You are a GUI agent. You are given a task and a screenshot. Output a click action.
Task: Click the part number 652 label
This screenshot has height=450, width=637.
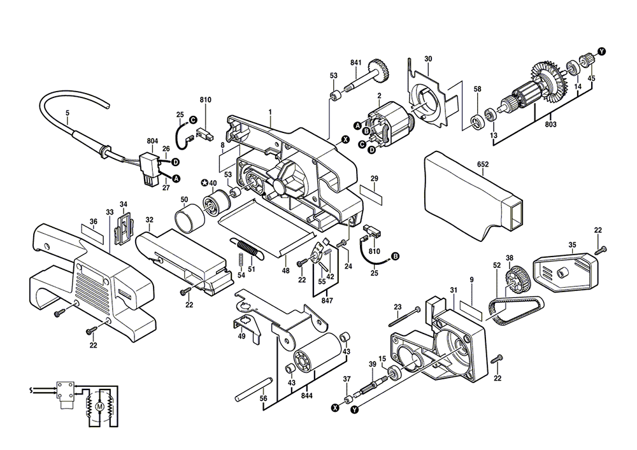click(483, 164)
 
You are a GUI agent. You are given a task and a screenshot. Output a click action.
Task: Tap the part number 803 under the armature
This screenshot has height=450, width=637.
click(550, 124)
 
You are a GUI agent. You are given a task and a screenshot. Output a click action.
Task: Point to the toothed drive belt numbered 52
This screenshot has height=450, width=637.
click(517, 310)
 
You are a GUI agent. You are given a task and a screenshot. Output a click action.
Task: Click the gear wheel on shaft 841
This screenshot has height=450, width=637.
click(378, 71)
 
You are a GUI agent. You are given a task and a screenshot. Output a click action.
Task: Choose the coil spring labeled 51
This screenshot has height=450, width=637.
click(248, 249)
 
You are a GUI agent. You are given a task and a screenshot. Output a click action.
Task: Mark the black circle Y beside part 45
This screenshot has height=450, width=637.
click(601, 51)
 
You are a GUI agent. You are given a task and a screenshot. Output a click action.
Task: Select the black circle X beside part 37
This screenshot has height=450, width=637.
click(335, 407)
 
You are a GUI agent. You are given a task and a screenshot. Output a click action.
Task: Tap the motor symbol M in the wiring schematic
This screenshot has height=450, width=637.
click(99, 406)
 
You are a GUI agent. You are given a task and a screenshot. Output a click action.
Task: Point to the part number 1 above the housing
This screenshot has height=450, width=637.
click(269, 111)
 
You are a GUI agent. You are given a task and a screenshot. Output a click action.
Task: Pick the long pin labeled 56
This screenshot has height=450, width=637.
click(253, 388)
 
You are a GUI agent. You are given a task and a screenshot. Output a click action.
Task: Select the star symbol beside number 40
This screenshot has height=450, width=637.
click(204, 183)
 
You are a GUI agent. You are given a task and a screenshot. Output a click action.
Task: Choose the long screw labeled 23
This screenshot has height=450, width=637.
click(404, 317)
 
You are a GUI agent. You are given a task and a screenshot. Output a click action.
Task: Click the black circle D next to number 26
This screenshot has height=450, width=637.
click(176, 162)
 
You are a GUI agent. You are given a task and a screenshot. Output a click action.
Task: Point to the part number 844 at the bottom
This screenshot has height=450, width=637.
click(307, 396)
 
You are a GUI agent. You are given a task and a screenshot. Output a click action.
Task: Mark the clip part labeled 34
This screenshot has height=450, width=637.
click(124, 229)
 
